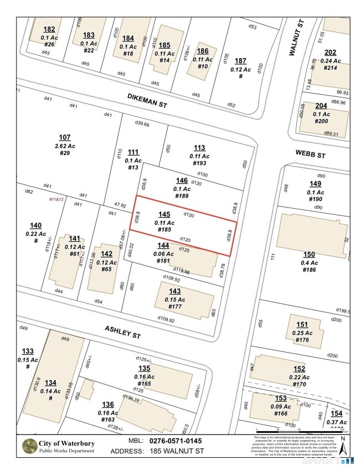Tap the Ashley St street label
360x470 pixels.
point(124,332)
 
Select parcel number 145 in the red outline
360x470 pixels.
point(164,214)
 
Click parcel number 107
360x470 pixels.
point(65,137)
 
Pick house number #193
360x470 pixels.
point(199,163)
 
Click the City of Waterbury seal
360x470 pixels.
point(28,446)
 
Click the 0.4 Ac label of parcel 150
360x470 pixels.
point(309,262)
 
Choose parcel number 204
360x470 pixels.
point(321,106)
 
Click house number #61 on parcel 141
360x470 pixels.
point(74,254)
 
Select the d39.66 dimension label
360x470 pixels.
point(142,124)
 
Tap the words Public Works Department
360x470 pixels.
point(67,451)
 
